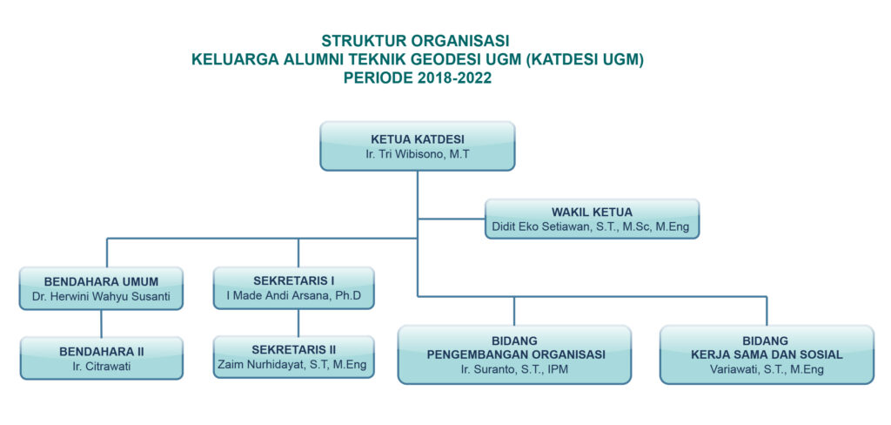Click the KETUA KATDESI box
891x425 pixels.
click(418, 146)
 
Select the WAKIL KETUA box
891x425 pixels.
click(592, 219)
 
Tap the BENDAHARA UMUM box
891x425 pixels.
click(101, 288)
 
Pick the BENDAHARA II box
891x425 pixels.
click(102, 358)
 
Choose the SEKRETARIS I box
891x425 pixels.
click(294, 288)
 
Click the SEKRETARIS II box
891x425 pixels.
click(294, 357)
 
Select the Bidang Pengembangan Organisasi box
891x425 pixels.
click(515, 355)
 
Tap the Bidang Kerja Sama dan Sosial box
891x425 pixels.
click(767, 355)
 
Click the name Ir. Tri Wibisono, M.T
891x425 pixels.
click(418, 153)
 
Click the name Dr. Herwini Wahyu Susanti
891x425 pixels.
click(102, 296)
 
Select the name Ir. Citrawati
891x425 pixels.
click(102, 367)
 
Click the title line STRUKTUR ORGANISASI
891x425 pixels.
click(415, 41)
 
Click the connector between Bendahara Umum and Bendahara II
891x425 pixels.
click(102, 323)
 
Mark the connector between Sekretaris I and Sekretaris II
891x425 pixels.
click(298, 322)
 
